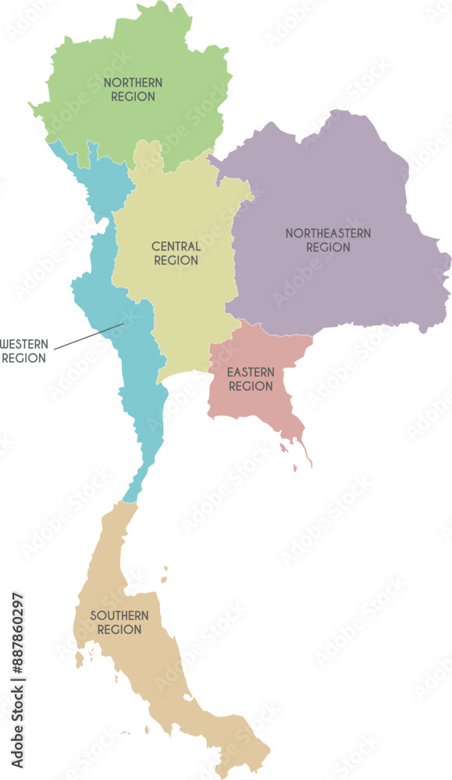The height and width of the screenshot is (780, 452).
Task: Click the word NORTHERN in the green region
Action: coord(133,82)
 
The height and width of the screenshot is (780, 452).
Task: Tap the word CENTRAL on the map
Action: coord(176,246)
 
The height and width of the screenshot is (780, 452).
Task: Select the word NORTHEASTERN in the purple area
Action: coord(328,233)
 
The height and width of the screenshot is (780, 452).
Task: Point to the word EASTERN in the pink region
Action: coord(250,372)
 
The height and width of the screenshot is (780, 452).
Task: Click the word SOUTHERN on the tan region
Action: coord(119,615)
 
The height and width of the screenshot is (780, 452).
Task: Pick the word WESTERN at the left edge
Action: coord(24,344)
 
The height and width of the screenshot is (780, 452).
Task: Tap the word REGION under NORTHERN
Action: coord(133,97)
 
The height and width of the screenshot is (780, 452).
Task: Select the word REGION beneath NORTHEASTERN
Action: coord(328,247)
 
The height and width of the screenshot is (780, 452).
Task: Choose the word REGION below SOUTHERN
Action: coord(119,629)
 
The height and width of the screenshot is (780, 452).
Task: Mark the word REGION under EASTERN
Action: coord(250,386)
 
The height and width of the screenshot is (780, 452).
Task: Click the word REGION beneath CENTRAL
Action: coord(176,261)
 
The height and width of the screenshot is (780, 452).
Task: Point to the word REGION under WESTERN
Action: coord(24,358)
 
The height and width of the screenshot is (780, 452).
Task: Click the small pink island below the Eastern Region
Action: coord(296,467)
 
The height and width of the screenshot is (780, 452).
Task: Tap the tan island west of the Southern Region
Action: coord(79,661)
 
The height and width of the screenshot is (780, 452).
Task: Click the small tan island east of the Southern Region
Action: coord(165,569)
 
